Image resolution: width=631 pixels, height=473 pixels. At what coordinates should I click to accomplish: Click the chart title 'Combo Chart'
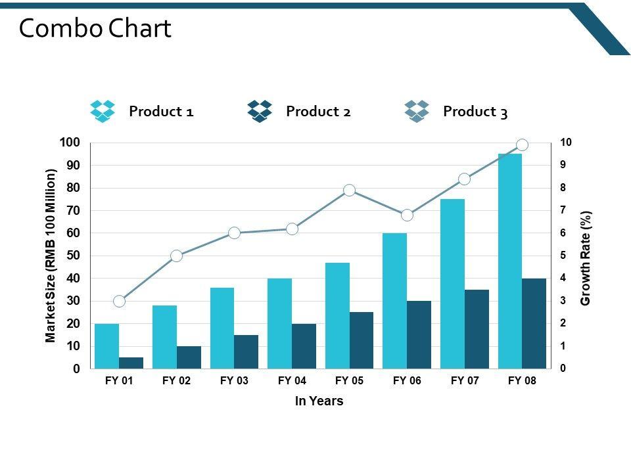95,28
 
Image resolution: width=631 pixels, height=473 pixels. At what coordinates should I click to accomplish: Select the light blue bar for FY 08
510,261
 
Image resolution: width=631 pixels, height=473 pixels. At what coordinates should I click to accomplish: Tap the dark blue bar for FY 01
131,363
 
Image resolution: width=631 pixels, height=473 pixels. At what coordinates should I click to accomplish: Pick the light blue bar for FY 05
337,315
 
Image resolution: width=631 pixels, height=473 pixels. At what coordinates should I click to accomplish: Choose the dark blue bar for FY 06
419,334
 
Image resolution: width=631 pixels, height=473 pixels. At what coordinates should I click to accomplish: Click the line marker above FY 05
350,191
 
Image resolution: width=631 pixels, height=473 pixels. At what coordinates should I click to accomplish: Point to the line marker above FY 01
119,301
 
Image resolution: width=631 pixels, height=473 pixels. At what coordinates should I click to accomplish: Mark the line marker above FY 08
523,145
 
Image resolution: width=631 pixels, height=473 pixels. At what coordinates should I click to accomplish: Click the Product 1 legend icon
103,111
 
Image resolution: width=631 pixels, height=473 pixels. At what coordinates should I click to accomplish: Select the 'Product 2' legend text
318,112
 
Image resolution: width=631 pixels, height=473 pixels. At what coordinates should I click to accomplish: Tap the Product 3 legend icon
417,111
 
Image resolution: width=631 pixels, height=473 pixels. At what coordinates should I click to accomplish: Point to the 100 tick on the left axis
70,143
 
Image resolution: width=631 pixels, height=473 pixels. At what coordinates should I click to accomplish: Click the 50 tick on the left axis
73,256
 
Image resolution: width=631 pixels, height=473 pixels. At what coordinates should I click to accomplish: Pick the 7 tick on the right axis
563,210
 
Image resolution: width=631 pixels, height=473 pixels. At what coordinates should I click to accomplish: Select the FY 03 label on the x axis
234,380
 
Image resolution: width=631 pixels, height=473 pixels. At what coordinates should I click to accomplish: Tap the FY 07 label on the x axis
465,380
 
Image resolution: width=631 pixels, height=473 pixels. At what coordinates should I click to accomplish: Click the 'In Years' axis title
319,401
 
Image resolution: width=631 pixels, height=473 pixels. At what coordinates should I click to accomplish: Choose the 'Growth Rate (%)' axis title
586,258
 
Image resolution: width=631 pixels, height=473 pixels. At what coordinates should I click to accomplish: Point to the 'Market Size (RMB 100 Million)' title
51,256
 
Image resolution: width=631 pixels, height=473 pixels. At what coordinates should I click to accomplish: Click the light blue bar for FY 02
164,336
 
